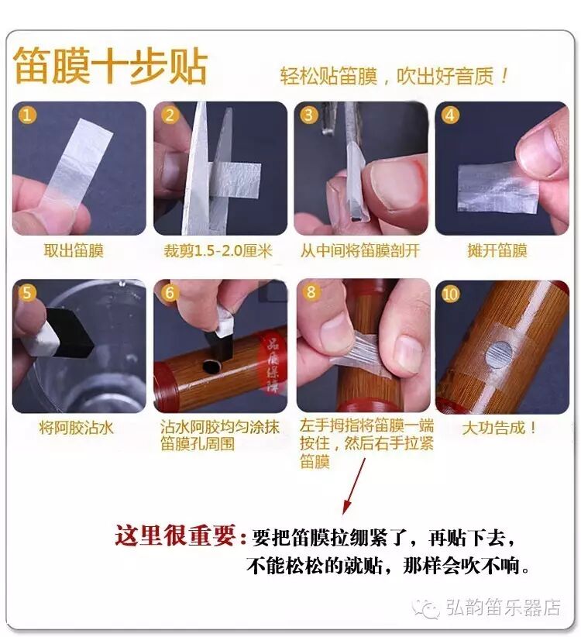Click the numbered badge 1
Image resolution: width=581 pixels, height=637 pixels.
pyautogui.click(x=27, y=115)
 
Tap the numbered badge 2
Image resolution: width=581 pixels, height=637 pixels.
pyautogui.click(x=170, y=115)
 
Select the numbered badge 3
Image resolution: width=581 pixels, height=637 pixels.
pyautogui.click(x=308, y=115)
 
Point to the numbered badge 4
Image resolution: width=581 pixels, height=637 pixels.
pyautogui.click(x=450, y=115)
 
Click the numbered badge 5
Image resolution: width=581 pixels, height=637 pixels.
pyautogui.click(x=27, y=292)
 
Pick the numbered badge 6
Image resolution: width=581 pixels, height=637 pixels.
pyautogui.click(x=170, y=292)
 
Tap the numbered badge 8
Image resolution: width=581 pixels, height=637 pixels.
pyautogui.click(x=311, y=291)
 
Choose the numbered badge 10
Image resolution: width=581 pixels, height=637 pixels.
pyautogui.click(x=450, y=293)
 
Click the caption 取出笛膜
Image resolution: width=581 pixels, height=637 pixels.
pyautogui.click(x=74, y=250)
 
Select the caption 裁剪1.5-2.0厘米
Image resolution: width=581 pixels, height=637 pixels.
pyautogui.click(x=218, y=250)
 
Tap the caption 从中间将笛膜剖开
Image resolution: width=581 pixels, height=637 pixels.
pyautogui.click(x=359, y=250)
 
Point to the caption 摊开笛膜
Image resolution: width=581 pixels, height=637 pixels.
pyautogui.click(x=497, y=250)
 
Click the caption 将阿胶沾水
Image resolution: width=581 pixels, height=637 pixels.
pyautogui.click(x=76, y=428)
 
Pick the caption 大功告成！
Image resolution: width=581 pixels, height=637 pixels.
pyautogui.click(x=500, y=428)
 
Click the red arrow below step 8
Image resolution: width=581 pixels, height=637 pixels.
pyautogui.click(x=354, y=487)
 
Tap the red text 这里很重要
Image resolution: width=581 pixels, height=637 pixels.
pyautogui.click(x=175, y=535)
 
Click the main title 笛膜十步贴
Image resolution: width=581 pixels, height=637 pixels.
pyautogui.click(x=111, y=66)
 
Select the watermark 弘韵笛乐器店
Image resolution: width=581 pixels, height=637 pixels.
pyautogui.click(x=504, y=608)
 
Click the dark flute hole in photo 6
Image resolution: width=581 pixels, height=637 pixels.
pyautogui.click(x=211, y=367)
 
